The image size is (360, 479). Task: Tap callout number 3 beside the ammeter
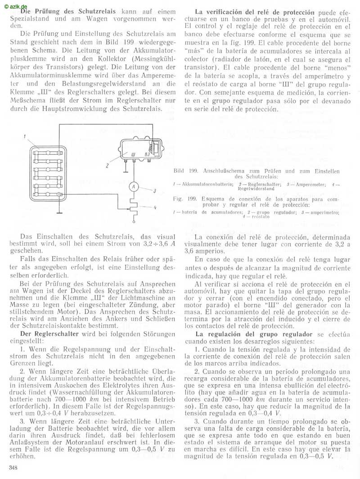[154, 191]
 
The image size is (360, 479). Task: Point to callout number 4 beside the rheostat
[154, 207]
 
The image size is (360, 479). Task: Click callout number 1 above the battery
[26, 136]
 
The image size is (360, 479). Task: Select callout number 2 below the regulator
[108, 165]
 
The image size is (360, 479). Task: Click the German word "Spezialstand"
[29, 18]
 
